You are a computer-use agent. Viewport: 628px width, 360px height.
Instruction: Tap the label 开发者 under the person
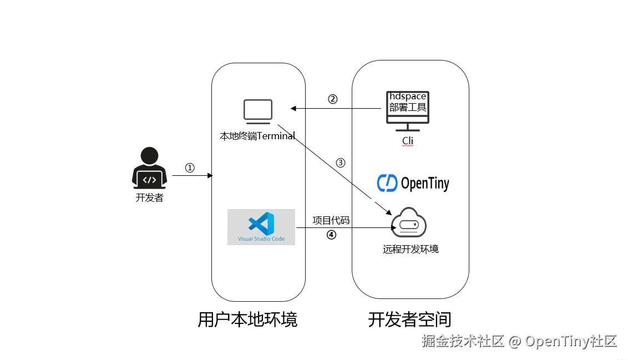[x=150, y=197]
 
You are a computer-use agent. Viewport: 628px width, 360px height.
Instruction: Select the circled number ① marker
[x=190, y=168]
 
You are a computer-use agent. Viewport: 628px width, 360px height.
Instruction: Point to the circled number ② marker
[x=333, y=99]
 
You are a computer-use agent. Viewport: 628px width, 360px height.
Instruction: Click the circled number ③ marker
[x=341, y=163]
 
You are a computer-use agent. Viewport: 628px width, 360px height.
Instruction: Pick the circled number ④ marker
[x=331, y=235]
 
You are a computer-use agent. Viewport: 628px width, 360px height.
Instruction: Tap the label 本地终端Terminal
[x=257, y=136]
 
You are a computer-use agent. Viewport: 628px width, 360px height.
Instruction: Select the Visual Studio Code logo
[x=261, y=226]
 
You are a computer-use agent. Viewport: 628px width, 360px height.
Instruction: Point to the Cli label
[x=408, y=141]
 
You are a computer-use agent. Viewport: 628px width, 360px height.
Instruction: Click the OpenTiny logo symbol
[x=387, y=183]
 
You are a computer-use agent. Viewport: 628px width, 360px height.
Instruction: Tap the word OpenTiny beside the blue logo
[x=425, y=184]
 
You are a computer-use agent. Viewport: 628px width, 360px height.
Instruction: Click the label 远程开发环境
[x=411, y=249]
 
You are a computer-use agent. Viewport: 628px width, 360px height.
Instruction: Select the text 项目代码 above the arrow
[x=331, y=220]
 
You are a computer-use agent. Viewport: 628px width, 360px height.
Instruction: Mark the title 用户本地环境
[x=247, y=320]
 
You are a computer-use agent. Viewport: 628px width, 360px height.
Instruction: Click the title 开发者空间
[x=409, y=320]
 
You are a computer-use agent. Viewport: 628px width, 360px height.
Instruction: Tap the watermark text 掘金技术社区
[x=463, y=341]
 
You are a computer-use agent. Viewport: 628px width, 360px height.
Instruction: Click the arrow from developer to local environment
[x=193, y=176]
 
